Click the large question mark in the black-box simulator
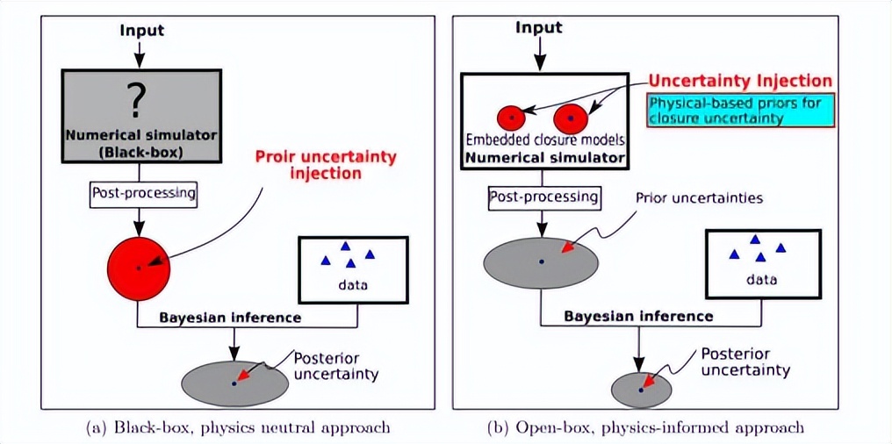[x=135, y=102]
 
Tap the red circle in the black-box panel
[x=139, y=267]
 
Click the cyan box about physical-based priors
[x=739, y=111]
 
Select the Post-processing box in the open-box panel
[x=543, y=197]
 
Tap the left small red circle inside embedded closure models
[x=511, y=117]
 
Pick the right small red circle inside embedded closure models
[x=571, y=117]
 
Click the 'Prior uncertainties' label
[x=699, y=197]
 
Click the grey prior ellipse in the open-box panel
[x=541, y=261]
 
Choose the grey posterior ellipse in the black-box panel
[x=234, y=382]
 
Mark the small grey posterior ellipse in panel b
[x=641, y=389]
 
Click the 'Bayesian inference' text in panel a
[x=230, y=318]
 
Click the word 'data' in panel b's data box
[x=762, y=280]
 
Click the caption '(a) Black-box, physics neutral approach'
[x=237, y=428]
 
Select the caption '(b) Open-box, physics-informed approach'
[x=645, y=428]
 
